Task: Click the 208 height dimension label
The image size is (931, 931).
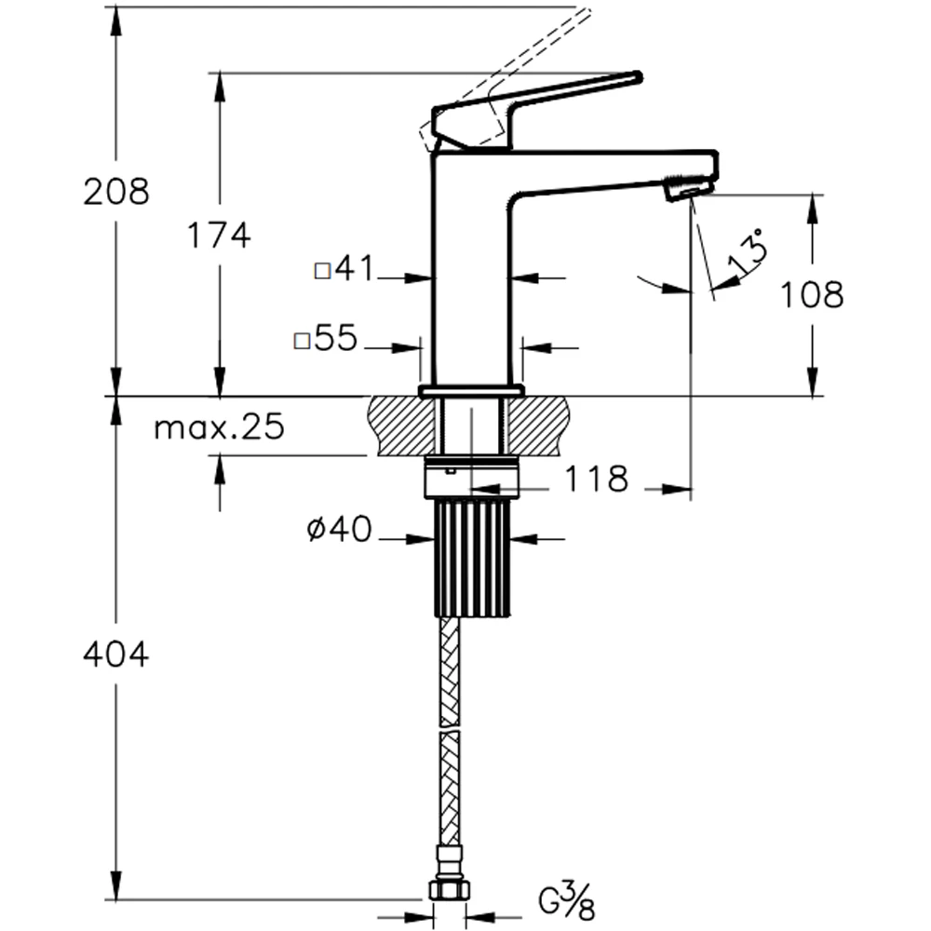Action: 116,192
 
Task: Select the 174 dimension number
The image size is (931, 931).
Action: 219,236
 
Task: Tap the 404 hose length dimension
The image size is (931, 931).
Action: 116,654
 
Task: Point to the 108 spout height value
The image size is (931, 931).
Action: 811,294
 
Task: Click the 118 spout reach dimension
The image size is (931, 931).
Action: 596,479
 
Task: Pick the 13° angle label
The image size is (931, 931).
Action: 747,251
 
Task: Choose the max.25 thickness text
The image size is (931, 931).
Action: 219,427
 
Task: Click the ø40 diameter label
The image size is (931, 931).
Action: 339,529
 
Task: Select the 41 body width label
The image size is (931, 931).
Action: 354,268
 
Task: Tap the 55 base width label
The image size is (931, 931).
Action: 335,338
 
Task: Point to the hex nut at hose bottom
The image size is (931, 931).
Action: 450,889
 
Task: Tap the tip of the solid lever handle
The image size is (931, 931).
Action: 641,76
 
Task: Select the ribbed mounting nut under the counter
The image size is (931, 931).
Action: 473,558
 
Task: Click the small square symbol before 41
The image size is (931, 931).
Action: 322,271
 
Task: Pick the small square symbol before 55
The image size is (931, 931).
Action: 303,341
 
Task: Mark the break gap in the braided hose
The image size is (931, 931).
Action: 450,728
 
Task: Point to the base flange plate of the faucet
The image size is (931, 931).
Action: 471,391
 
